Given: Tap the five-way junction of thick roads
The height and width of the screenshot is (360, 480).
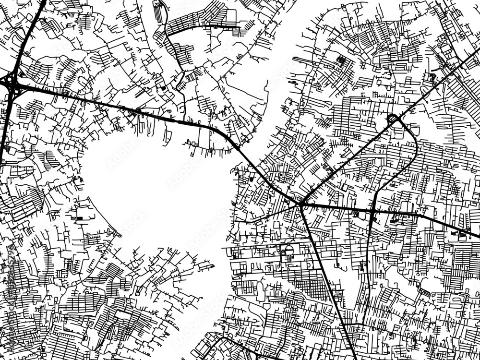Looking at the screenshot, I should [x=301, y=204].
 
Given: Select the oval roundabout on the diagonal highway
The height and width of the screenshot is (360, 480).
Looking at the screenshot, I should [x=393, y=119].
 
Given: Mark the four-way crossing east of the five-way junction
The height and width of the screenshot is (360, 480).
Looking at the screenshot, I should [x=373, y=211].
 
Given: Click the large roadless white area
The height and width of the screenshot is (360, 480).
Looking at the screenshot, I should [x=158, y=192].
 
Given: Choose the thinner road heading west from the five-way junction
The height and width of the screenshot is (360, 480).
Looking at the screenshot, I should [x=274, y=214].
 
